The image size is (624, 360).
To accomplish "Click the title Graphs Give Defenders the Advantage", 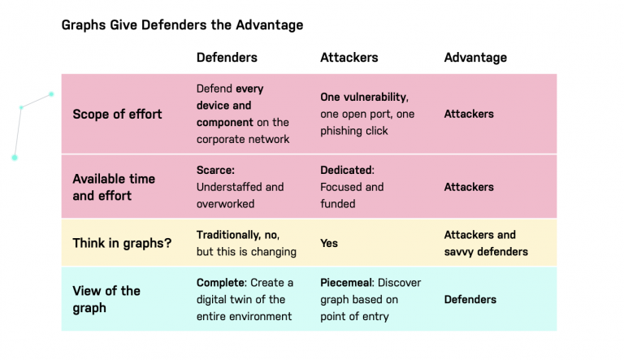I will [182, 25].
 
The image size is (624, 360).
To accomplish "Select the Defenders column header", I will [227, 58].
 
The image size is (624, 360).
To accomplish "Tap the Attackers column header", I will [349, 58].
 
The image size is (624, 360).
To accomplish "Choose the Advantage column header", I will [474, 58].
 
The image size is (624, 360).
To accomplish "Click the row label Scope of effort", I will [117, 114].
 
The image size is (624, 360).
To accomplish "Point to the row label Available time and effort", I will [114, 187].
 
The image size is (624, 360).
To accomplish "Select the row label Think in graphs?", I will [122, 243].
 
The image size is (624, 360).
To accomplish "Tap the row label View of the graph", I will [106, 299].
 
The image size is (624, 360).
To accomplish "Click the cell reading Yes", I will [329, 243].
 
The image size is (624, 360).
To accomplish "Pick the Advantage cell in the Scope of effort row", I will [469, 115].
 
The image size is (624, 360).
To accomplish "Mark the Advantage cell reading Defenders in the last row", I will [470, 300].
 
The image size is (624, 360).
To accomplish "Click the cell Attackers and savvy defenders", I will [485, 243].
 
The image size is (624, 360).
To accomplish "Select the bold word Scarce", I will [214, 171].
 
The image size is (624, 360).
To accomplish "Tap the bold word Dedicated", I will [347, 171].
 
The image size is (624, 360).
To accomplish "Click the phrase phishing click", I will [354, 131].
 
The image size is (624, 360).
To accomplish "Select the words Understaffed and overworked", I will [240, 195].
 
